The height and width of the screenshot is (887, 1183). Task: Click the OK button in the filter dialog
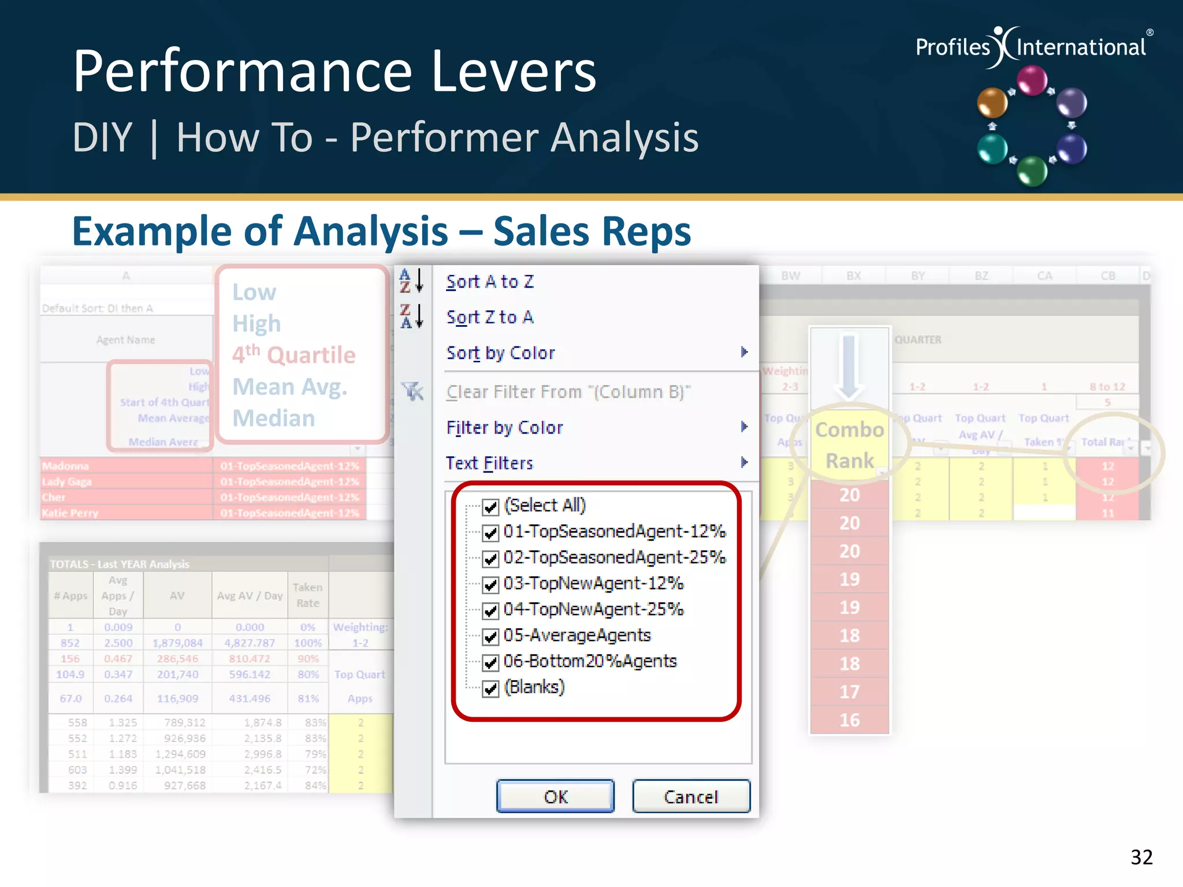coord(555,796)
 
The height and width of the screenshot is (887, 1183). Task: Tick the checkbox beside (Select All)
coord(490,507)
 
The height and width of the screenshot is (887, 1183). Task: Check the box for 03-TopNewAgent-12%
coord(490,585)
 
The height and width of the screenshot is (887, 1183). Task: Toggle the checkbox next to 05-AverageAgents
coord(490,637)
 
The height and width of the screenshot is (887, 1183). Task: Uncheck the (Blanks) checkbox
coord(490,689)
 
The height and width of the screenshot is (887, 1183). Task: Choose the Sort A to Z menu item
coord(490,282)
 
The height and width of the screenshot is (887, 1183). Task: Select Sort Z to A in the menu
coord(490,317)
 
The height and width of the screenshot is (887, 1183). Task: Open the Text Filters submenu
coord(489,463)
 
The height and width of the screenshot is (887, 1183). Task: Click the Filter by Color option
coord(504,428)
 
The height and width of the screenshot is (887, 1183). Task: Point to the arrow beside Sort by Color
coord(744,352)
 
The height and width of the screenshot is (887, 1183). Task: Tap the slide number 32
coord(1141,857)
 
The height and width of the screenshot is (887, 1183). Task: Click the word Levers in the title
coord(514,72)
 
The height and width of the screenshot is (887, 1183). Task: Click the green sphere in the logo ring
coord(1032,171)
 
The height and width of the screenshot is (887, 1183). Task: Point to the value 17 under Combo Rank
coord(849,692)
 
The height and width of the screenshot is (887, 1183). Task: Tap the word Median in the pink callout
coord(274,418)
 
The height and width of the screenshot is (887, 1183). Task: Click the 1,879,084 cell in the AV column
coord(177,643)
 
